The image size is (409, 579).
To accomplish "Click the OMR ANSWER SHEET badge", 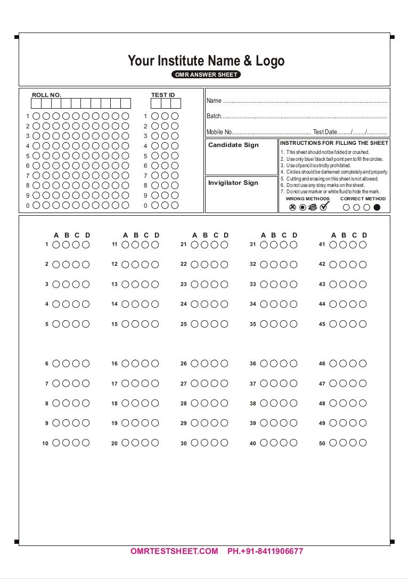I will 206,75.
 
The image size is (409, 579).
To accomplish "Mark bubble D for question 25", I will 224,324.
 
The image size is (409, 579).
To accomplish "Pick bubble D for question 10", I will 86,443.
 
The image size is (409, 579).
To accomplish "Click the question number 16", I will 114,364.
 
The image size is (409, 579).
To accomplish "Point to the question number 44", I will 322,304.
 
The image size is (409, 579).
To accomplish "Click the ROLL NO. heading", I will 46,95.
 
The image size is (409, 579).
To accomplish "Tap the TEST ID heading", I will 163,95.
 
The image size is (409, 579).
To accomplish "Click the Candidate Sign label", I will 233,145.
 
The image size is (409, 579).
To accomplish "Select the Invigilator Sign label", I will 233,183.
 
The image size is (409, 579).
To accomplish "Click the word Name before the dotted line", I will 214,101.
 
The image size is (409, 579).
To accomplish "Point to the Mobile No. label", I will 219,132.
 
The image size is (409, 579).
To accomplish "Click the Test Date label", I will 325,132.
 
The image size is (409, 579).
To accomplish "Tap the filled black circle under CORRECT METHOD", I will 377,208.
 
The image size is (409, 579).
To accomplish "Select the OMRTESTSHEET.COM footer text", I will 174,551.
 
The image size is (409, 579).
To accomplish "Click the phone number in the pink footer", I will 265,551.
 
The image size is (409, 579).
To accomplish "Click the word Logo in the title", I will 270,61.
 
